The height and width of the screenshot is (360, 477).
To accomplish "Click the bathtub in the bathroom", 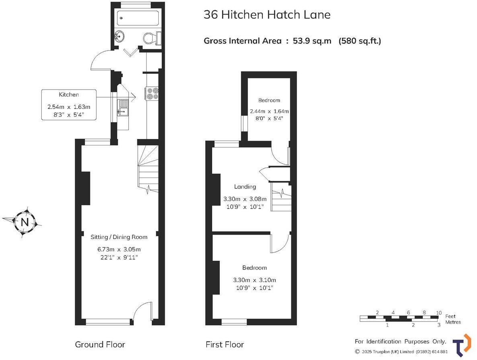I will pyautogui.click(x=137, y=18).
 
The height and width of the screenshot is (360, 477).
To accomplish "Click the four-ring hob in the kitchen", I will pyautogui.click(x=153, y=93).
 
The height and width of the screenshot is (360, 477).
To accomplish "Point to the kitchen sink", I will pyautogui.click(x=123, y=107).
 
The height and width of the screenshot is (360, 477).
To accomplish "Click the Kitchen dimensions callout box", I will pyautogui.click(x=69, y=105).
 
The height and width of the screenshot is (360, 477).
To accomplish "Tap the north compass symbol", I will pyautogui.click(x=25, y=222).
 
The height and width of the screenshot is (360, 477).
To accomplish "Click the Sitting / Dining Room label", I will pyautogui.click(x=119, y=237).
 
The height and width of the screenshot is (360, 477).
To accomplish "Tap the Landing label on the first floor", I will pyautogui.click(x=245, y=186).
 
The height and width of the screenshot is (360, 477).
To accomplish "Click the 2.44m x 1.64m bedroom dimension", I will pyautogui.click(x=269, y=111).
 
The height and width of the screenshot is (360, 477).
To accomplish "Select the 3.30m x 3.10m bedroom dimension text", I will pyautogui.click(x=254, y=280).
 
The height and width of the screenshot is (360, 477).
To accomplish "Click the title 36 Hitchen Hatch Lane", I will pyautogui.click(x=267, y=15).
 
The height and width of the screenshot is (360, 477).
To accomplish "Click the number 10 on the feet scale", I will pyautogui.click(x=439, y=313).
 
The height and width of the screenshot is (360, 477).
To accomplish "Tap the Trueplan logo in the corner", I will pyautogui.click(x=462, y=345).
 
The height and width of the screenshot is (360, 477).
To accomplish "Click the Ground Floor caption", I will pyautogui.click(x=100, y=344).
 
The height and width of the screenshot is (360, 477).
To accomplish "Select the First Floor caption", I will pyautogui.click(x=225, y=344).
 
